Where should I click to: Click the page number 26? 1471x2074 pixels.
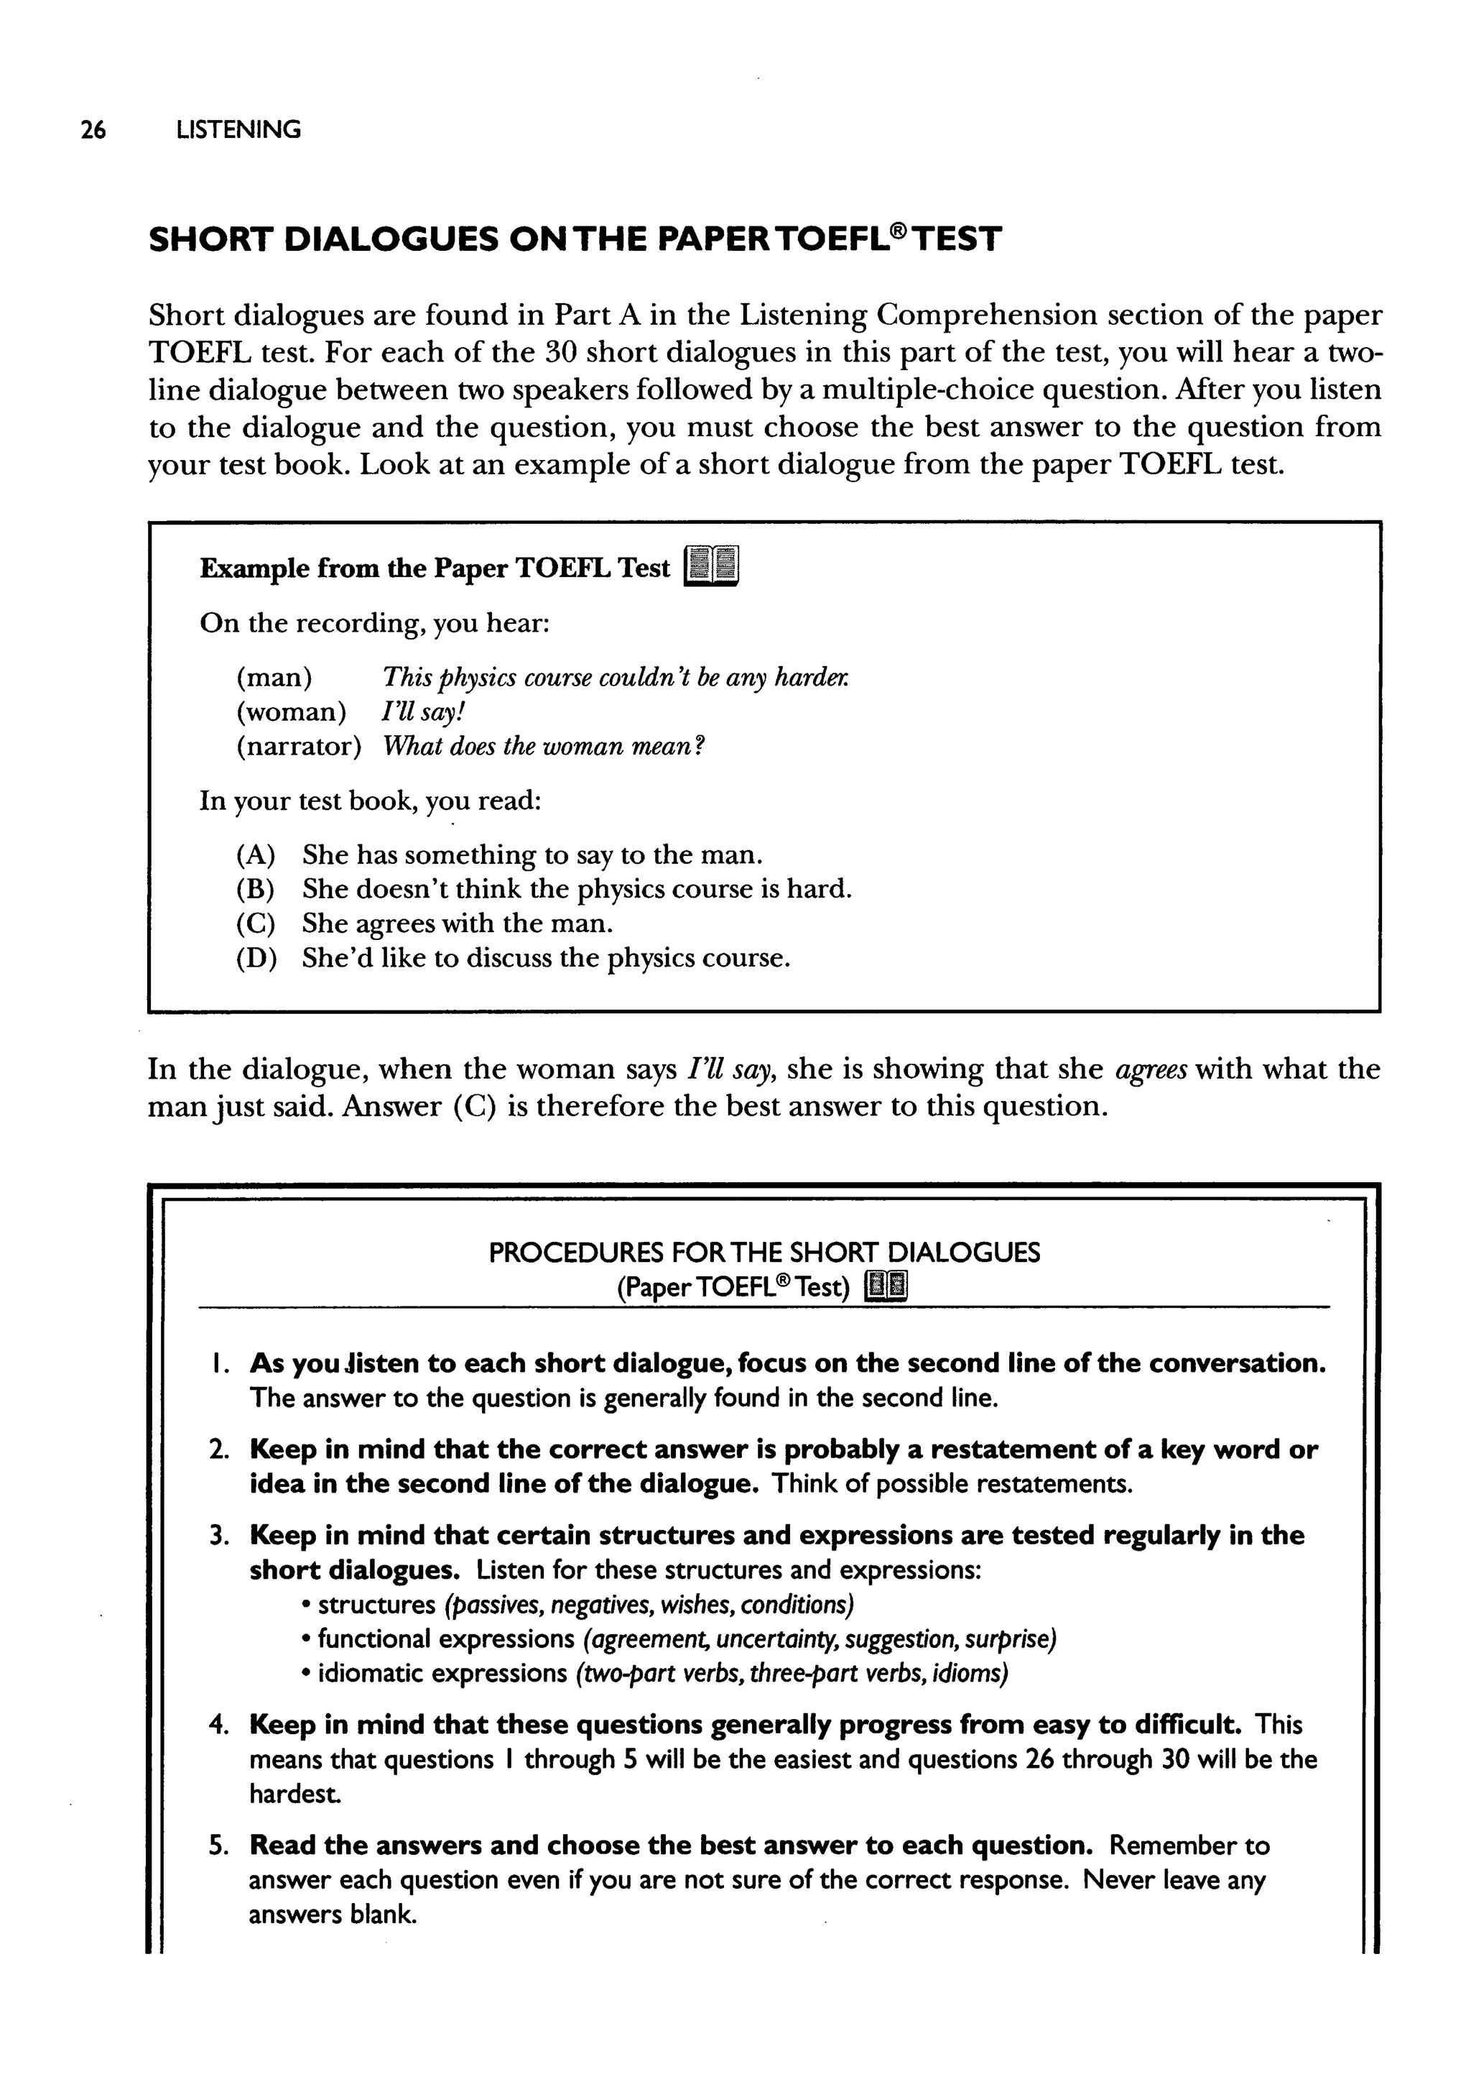pyautogui.click(x=93, y=131)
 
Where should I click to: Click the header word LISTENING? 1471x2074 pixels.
pyautogui.click(x=238, y=131)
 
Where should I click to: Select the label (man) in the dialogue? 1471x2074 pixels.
pyautogui.click(x=274, y=678)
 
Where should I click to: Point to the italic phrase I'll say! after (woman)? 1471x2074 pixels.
pyautogui.click(x=423, y=712)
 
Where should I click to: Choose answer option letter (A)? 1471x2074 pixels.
pyautogui.click(x=256, y=854)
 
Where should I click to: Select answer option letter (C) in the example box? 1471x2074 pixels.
pyautogui.click(x=256, y=923)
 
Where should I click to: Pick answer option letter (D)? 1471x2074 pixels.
pyautogui.click(x=256, y=958)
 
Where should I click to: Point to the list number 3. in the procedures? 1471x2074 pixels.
pyautogui.click(x=218, y=1536)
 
